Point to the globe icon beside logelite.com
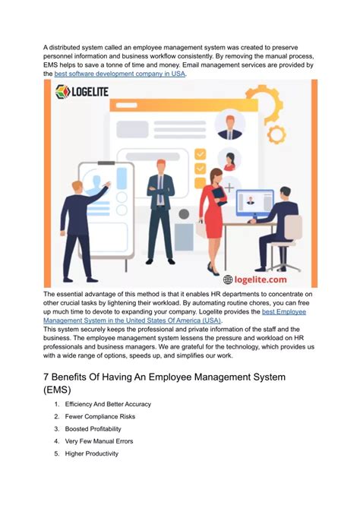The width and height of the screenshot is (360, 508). click(228, 279)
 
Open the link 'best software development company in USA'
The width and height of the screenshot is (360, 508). click(120, 74)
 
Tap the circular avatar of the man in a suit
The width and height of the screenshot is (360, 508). click(229, 125)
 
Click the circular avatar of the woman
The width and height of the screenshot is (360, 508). click(229, 159)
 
